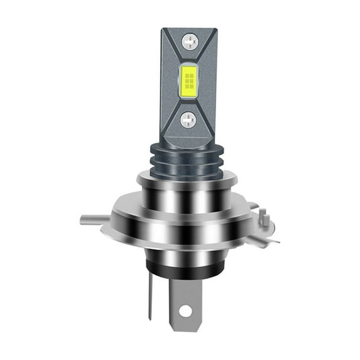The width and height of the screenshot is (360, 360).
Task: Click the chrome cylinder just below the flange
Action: point(180,248)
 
